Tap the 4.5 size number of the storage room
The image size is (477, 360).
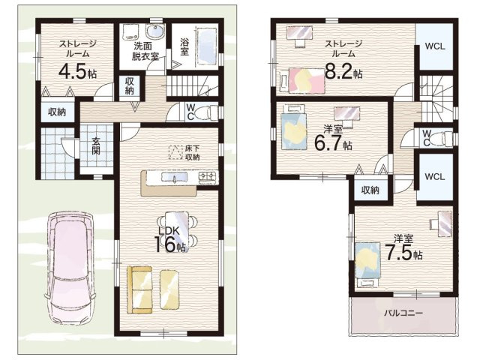click(72, 72)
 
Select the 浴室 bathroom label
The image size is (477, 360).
click(184, 46)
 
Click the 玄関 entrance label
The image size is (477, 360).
click(96, 145)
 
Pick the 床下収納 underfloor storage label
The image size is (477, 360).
click(192, 153)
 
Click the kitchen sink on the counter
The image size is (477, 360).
click(174, 177)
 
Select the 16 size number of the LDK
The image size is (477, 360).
click(166, 244)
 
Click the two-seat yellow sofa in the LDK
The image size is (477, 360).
click(139, 289)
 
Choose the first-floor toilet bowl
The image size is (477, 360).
click(206, 112)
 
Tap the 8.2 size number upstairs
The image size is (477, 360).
click(339, 70)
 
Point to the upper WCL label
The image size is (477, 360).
click(435, 46)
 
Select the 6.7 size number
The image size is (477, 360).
click(328, 143)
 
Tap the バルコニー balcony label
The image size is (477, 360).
click(403, 313)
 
